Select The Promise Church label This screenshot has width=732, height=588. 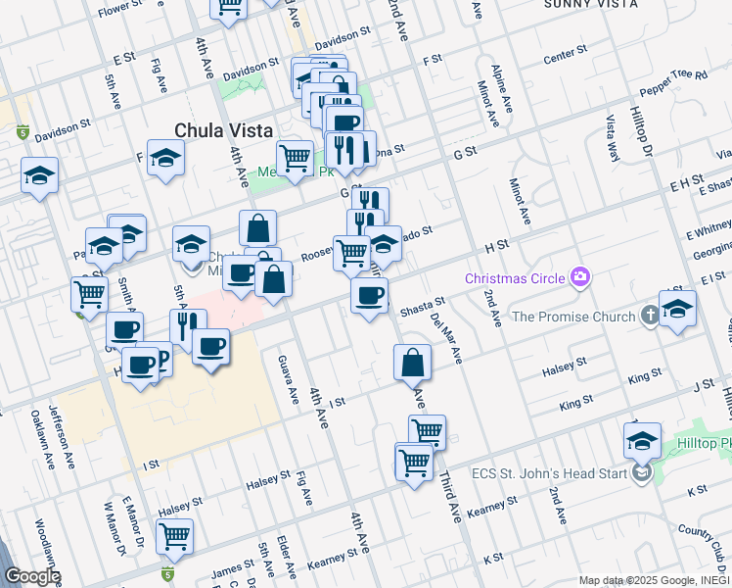[572, 317]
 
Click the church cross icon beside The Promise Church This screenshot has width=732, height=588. [648, 316]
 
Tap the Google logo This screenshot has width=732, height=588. [31, 576]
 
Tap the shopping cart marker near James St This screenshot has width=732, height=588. [175, 535]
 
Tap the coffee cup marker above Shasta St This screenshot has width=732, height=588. [369, 295]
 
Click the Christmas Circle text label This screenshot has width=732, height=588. [515, 278]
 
